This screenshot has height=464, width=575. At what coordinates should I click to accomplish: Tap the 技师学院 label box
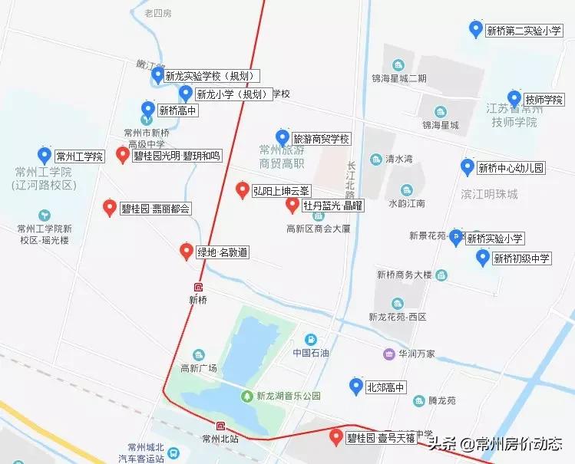[x=544, y=100]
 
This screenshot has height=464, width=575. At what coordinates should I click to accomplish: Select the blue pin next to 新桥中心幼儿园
[x=467, y=166]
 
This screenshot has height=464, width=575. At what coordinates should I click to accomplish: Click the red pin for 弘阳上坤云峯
[x=242, y=189]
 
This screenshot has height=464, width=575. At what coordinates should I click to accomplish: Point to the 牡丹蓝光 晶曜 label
[x=332, y=206]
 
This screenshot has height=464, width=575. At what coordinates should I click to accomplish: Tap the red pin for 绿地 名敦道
[x=186, y=251]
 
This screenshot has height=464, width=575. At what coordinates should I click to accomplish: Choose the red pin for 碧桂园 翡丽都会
[x=110, y=207]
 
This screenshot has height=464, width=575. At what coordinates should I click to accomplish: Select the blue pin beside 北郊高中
[x=355, y=386]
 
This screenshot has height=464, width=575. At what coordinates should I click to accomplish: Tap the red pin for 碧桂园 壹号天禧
[x=335, y=437]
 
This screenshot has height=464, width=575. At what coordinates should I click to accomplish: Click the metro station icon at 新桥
[x=199, y=287]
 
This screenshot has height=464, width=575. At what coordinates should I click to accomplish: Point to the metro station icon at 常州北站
[x=221, y=426]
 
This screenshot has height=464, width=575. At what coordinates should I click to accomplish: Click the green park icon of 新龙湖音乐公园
[x=246, y=396]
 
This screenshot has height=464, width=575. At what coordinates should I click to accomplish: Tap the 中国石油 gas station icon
[x=310, y=340]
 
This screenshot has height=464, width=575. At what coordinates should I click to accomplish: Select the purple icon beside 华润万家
[x=390, y=354]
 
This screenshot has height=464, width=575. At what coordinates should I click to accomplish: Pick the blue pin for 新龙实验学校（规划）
[x=157, y=74]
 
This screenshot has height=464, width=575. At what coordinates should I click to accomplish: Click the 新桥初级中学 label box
[x=522, y=258]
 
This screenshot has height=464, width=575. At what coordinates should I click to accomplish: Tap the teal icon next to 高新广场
[x=199, y=354]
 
